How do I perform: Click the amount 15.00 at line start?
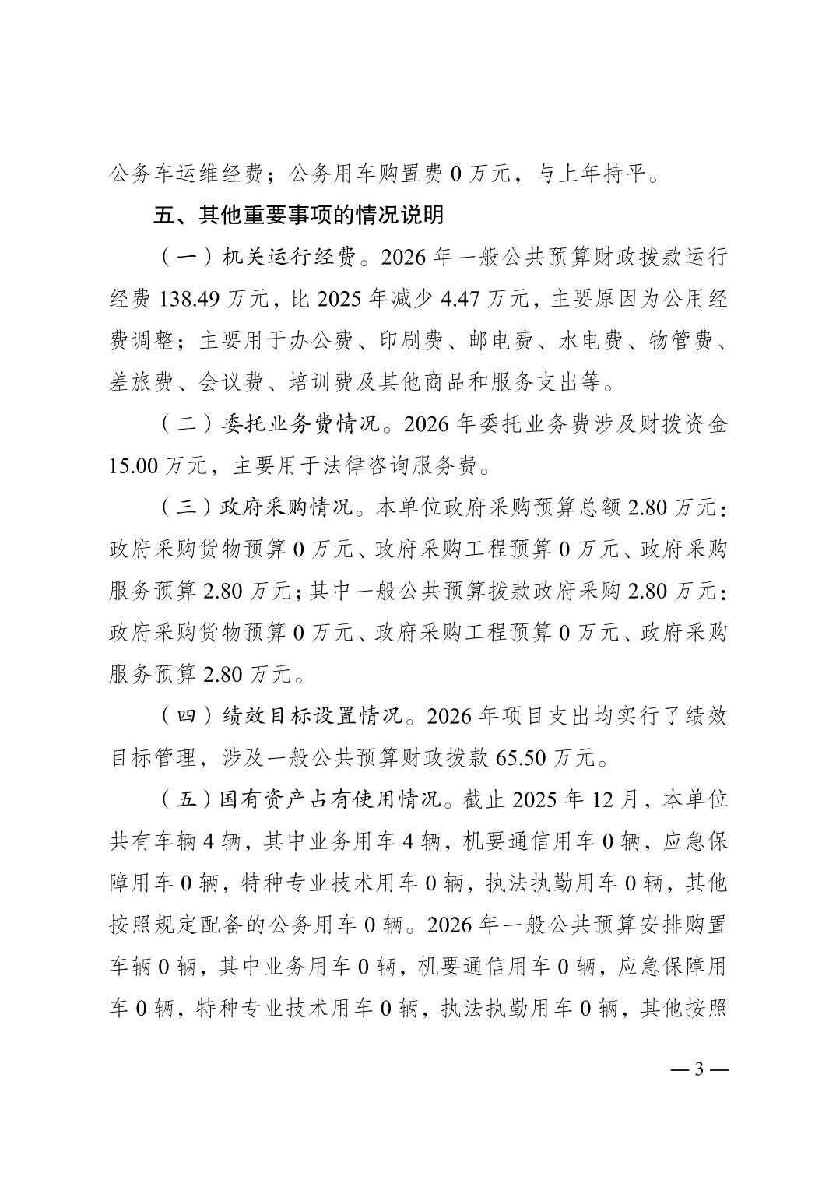point(134,466)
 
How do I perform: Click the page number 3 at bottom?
point(698,1069)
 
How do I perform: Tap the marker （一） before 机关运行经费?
point(177,258)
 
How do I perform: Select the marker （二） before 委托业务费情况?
point(177,425)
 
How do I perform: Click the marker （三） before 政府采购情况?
point(177,508)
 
